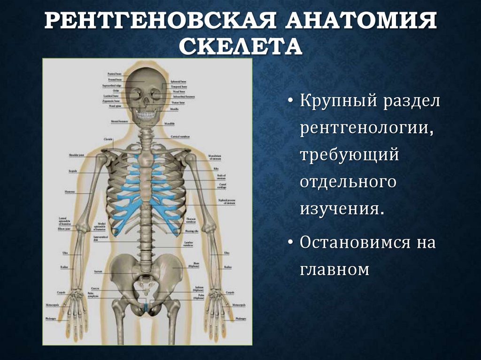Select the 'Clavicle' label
(x=108, y=140)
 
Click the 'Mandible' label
(x=169, y=123)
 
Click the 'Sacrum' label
(x=98, y=271)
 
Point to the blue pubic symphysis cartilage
(x=146, y=307)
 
